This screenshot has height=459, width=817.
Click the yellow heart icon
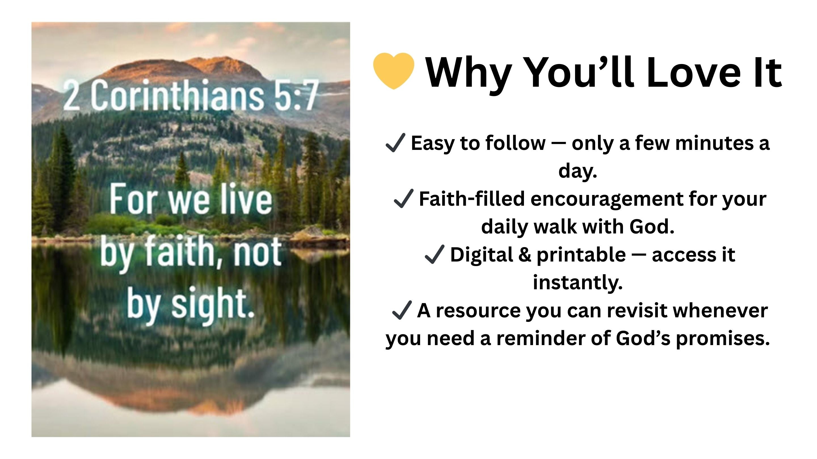[x=393, y=71]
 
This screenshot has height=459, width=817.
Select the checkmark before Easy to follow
[x=395, y=143]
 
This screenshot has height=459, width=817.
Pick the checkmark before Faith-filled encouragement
[x=403, y=198]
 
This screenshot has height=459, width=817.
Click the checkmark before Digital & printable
[x=435, y=254]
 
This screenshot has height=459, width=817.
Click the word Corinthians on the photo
[x=177, y=95]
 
